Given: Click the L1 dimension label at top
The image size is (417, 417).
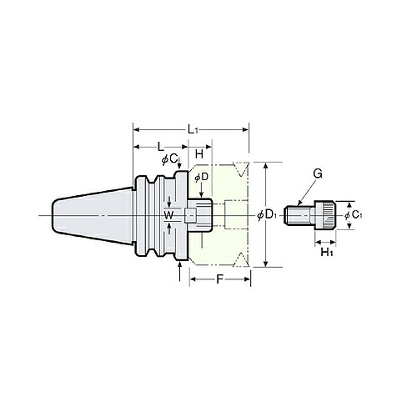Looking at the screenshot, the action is pyautogui.click(x=192, y=129).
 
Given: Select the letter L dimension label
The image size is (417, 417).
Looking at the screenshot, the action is pyautogui.click(x=161, y=147).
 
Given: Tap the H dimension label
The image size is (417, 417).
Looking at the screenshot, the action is pyautogui.click(x=199, y=153).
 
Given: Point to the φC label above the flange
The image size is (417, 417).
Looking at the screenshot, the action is pyautogui.click(x=169, y=159).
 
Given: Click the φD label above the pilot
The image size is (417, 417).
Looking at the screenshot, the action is pyautogui.click(x=202, y=178).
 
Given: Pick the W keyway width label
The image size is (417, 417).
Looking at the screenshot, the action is pyautogui.click(x=168, y=214).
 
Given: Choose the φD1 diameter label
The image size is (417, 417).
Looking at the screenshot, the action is pyautogui.click(x=266, y=214).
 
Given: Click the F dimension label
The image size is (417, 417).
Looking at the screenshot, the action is pyautogui.click(x=219, y=279).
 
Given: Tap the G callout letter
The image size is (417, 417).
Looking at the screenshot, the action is pyautogui.click(x=318, y=174).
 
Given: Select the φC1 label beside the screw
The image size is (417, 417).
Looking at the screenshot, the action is pyautogui.click(x=354, y=215).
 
